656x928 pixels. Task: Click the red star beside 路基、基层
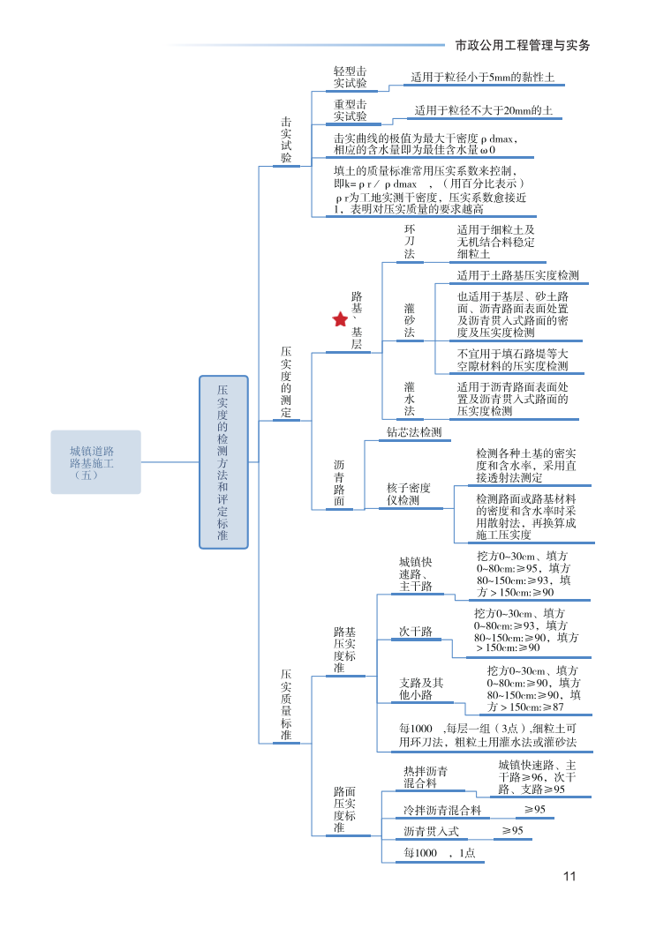pyautogui.click(x=340, y=319)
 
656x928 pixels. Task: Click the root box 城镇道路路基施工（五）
pyautogui.click(x=95, y=462)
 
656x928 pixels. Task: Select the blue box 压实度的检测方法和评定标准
pyautogui.click(x=223, y=461)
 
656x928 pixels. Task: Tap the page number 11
pyautogui.click(x=569, y=876)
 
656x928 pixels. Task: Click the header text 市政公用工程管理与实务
pyautogui.click(x=522, y=44)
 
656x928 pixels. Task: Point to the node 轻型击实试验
pyautogui.click(x=351, y=77)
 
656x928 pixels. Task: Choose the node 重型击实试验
pyautogui.click(x=351, y=110)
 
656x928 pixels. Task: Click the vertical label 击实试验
pyautogui.click(x=286, y=139)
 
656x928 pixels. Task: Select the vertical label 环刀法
pyautogui.click(x=409, y=241)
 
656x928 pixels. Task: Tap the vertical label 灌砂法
pyautogui.click(x=409, y=320)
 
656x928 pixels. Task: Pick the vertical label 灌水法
pyautogui.click(x=409, y=399)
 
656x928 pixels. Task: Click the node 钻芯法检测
pyautogui.click(x=413, y=432)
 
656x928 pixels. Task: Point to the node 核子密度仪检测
pyautogui.click(x=409, y=494)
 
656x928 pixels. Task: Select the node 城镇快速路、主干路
pyautogui.click(x=415, y=574)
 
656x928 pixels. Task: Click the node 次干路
pyautogui.click(x=415, y=632)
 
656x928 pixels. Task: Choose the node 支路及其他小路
pyautogui.click(x=421, y=689)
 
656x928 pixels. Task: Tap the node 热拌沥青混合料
pyautogui.click(x=426, y=777)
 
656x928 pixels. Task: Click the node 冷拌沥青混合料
pyautogui.click(x=441, y=810)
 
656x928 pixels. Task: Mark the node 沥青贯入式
pyautogui.click(x=431, y=831)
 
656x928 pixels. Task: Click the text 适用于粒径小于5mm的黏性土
pyautogui.click(x=482, y=78)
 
